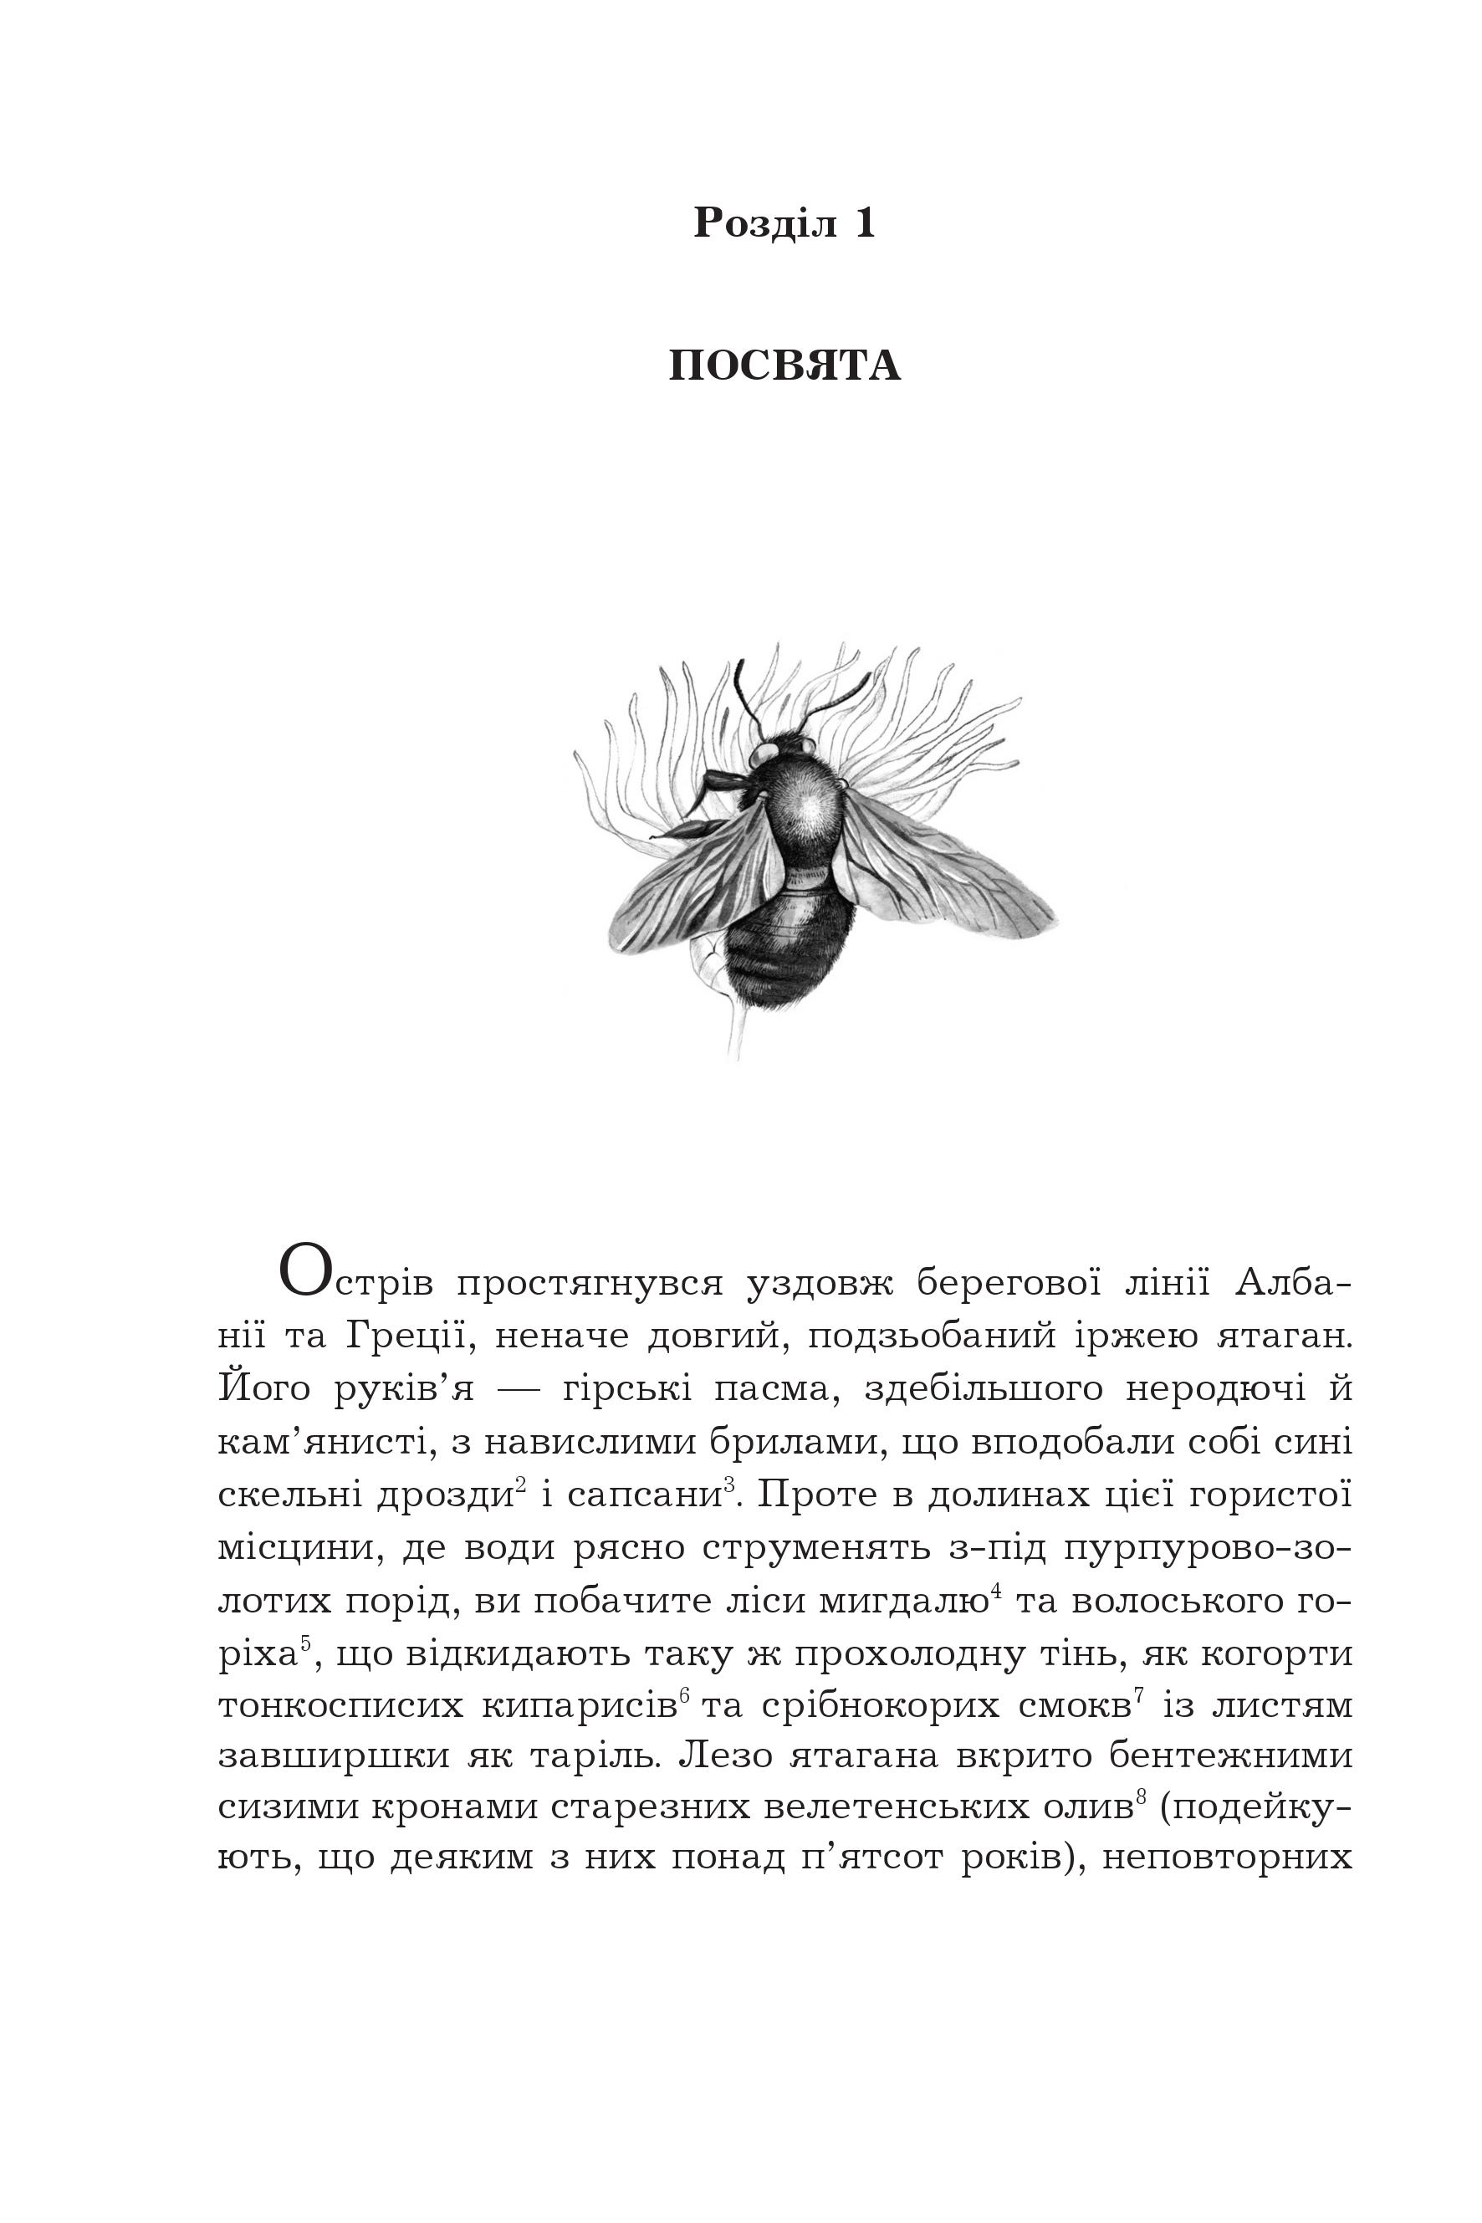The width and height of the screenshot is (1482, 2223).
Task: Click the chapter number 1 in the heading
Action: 865,223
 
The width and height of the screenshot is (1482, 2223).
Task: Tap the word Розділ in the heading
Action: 765,223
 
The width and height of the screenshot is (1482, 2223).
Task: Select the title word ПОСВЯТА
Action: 784,366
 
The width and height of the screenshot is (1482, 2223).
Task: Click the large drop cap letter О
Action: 305,1272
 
